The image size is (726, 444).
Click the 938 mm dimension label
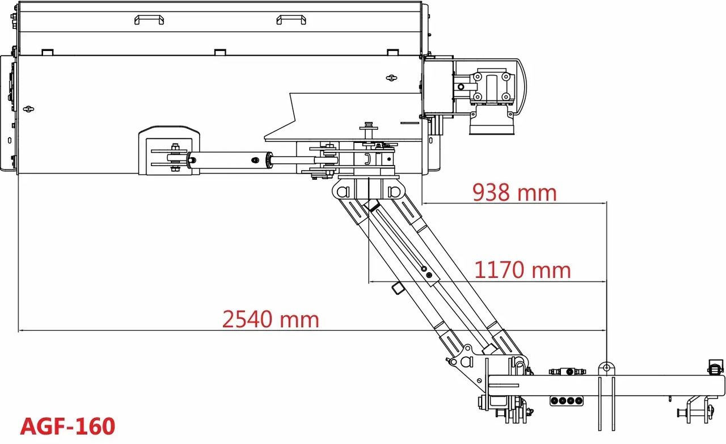pyautogui.click(x=514, y=192)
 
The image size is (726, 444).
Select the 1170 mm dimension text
pyautogui.click(x=522, y=270)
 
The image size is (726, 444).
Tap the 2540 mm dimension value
pyautogui.click(x=271, y=319)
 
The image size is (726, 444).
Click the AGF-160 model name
pyautogui.click(x=67, y=426)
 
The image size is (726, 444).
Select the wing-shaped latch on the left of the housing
pyautogui.click(x=28, y=109)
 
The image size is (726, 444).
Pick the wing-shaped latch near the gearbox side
pyautogui.click(x=391, y=78)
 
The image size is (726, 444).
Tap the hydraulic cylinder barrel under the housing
pyautogui.click(x=230, y=160)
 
